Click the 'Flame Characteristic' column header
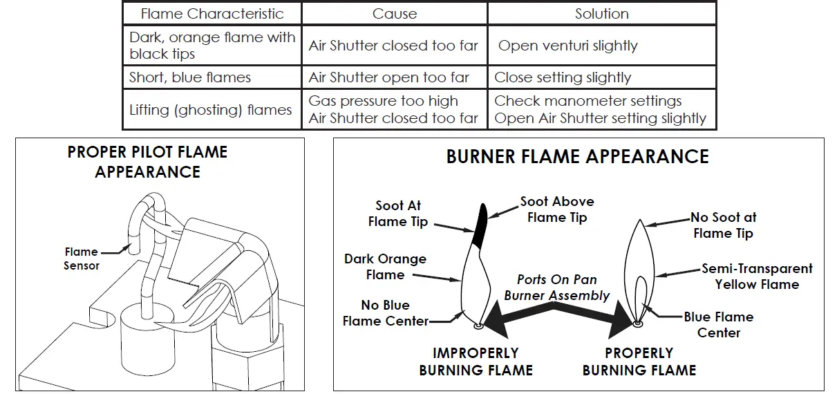pyautogui.click(x=212, y=14)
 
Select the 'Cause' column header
pyautogui.click(x=394, y=14)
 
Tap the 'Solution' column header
pyautogui.click(x=601, y=14)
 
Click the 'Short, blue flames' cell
pyautogui.click(x=190, y=77)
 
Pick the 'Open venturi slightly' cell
pyautogui.click(x=567, y=46)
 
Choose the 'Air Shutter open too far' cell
pyautogui.click(x=389, y=77)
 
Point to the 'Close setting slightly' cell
pyautogui.click(x=563, y=77)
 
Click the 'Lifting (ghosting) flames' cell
pyautogui.click(x=210, y=110)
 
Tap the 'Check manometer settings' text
pyautogui.click(x=587, y=101)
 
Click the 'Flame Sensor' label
pyautogui.click(x=82, y=259)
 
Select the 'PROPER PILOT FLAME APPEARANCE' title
pyautogui.click(x=147, y=162)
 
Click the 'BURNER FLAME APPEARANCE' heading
pyautogui.click(x=577, y=156)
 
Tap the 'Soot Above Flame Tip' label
pyautogui.click(x=557, y=209)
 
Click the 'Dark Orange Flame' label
pyautogui.click(x=385, y=267)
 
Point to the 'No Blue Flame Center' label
pyautogui.click(x=386, y=313)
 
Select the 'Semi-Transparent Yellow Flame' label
pyautogui.click(x=757, y=276)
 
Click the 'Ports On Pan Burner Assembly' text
pyautogui.click(x=557, y=288)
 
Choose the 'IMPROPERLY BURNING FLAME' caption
pyautogui.click(x=476, y=362)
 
